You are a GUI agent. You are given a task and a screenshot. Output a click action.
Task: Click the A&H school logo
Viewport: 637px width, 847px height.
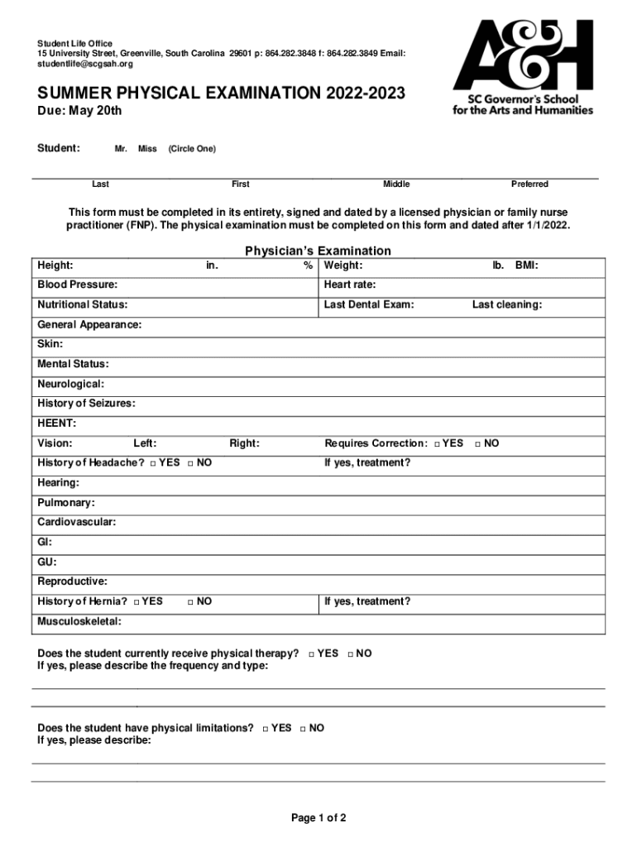pos(523,66)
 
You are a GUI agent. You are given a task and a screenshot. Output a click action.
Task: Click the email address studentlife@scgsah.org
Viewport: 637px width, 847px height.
pos(84,64)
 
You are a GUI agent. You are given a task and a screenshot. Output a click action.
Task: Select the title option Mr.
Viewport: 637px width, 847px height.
pos(121,149)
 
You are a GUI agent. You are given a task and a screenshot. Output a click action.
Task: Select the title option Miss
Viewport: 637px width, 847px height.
pos(147,149)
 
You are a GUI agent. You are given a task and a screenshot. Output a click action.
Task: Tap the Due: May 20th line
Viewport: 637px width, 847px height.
pos(79,111)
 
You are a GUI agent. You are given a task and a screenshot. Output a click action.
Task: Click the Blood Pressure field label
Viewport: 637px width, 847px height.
pos(77,285)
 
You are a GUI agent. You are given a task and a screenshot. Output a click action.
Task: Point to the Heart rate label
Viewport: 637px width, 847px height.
pos(350,285)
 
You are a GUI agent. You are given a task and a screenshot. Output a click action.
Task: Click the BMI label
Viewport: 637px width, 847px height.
pos(527,266)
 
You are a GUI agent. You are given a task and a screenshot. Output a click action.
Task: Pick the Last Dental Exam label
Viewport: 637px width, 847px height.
pos(369,304)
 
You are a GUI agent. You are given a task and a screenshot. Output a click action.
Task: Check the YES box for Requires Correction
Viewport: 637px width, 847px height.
pos(437,444)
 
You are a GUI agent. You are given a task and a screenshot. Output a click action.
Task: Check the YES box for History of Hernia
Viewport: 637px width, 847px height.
pos(136,602)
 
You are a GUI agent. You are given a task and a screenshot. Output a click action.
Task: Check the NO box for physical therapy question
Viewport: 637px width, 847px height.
pos(351,654)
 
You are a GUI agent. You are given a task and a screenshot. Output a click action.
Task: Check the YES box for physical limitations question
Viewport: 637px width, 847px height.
pos(266,729)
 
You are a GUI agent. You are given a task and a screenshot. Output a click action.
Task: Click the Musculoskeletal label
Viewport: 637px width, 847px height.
pos(79,621)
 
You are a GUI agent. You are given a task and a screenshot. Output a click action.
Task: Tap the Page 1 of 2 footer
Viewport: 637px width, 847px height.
pos(318,818)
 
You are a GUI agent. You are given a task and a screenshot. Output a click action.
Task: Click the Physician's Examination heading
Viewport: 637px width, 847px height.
pos(318,251)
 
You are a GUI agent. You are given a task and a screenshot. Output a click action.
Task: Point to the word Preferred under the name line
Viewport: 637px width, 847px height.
pos(529,184)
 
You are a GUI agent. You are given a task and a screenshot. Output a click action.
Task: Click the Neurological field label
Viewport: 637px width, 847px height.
pos(70,384)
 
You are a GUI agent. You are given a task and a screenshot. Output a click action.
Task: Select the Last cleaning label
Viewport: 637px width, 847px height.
pos(507,304)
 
